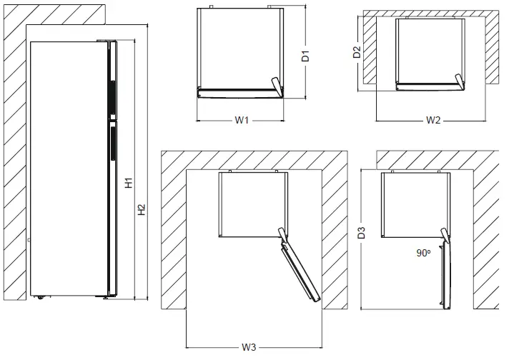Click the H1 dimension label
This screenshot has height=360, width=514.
click(129, 184)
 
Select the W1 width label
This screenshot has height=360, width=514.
click(241, 121)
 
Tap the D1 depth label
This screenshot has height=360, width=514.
click(305, 56)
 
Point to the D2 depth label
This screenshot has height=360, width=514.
click(355, 52)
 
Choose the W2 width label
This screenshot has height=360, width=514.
click(433, 121)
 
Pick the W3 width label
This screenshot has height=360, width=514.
click(248, 347)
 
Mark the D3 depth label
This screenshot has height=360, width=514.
click(362, 232)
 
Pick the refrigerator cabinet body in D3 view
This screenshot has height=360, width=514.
click(414, 206)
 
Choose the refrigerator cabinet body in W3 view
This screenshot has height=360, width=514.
click(247, 206)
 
